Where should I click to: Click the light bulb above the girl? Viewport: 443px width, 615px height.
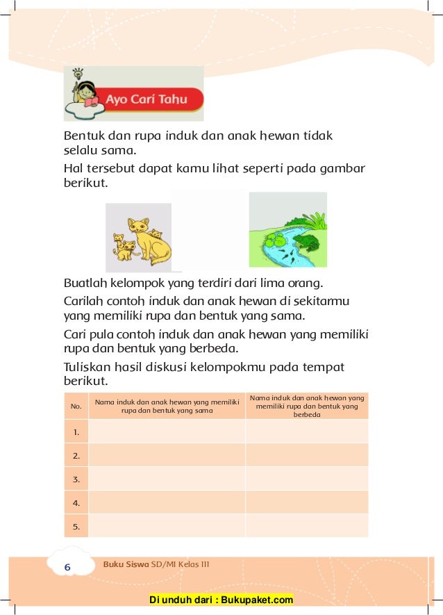coord(78,72)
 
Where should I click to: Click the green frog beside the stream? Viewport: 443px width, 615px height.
coord(306,242)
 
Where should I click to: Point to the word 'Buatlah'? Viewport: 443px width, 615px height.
coord(85,284)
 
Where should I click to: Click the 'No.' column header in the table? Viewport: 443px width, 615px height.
coord(76,406)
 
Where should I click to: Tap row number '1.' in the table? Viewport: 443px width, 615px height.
coord(76,432)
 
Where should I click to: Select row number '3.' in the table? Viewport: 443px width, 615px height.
coord(76,479)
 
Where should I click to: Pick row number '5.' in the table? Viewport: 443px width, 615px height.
coord(76,526)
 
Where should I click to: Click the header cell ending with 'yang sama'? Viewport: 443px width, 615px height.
coord(167,406)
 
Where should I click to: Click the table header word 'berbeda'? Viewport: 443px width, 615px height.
coord(306,414)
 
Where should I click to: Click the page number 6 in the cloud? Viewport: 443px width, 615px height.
coord(67,568)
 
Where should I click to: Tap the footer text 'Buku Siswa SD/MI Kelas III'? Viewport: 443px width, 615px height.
coord(156,564)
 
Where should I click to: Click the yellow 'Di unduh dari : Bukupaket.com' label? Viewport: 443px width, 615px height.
coord(221,600)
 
